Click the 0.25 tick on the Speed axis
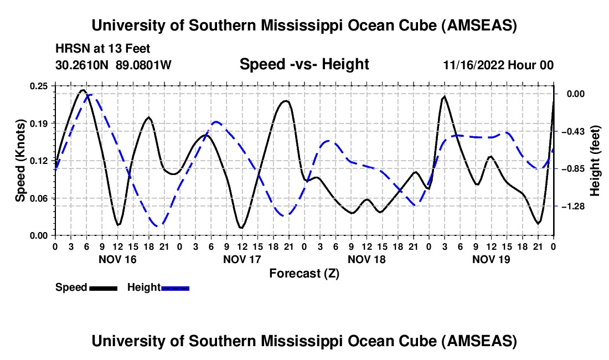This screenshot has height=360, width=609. click(39, 86)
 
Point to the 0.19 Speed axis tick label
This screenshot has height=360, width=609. click(39, 123)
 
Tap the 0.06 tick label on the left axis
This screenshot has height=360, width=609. click(39, 198)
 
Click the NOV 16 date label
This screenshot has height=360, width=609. click(117, 259)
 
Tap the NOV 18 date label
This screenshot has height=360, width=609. click(367, 259)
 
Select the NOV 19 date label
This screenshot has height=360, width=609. click(491, 259)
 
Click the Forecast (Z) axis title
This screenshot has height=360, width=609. click(304, 273)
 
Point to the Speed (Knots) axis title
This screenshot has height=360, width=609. click(20, 161)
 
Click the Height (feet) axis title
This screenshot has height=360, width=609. click(595, 161)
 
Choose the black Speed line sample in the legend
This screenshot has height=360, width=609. click(103, 287)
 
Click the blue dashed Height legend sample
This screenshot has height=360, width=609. click(175, 287)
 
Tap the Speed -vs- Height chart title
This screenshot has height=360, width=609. click(304, 65)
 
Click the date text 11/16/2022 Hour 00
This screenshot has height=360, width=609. click(498, 65)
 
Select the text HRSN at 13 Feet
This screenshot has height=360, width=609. click(102, 49)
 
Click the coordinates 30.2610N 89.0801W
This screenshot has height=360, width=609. click(113, 65)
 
